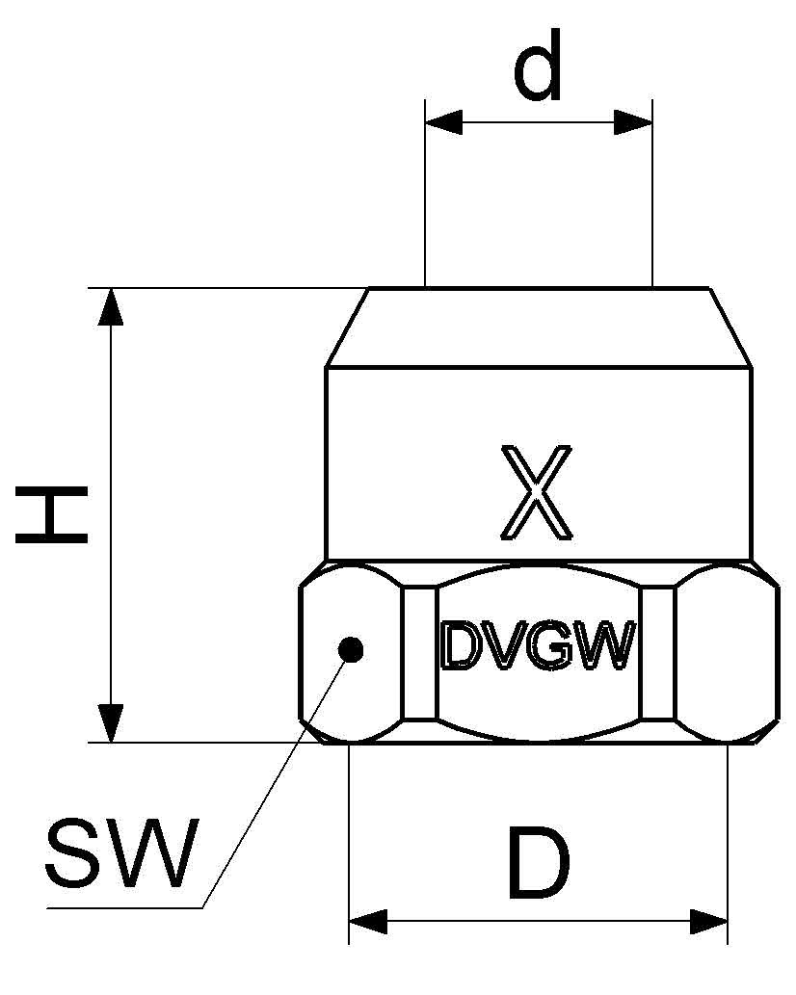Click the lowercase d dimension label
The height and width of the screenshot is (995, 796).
point(538,69)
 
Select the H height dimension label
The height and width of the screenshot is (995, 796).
point(53,515)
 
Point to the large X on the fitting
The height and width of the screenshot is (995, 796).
point(537,492)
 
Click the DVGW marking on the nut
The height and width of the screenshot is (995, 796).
point(538,646)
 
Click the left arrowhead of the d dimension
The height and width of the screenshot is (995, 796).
point(443,122)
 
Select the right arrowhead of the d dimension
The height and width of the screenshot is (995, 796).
point(634,122)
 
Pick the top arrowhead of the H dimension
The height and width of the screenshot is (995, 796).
point(112,306)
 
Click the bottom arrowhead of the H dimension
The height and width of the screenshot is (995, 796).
point(112,723)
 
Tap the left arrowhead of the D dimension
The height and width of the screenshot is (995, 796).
point(367,921)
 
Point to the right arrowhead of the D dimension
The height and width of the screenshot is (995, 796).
point(708,921)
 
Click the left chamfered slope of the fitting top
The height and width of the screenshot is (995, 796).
point(348,327)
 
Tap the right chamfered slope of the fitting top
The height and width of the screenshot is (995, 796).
point(730,327)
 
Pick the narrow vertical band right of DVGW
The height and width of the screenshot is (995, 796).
point(657,653)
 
